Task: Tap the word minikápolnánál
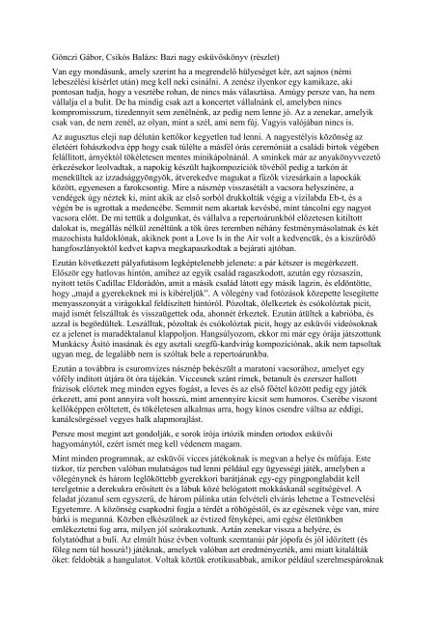[x=239, y=162]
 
